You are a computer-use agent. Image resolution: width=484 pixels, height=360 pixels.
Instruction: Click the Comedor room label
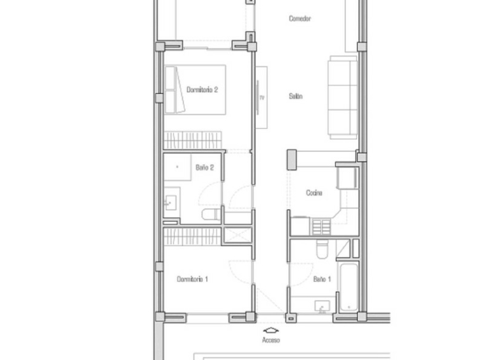click(x=299, y=19)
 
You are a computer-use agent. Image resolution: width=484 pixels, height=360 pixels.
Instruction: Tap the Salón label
click(x=296, y=96)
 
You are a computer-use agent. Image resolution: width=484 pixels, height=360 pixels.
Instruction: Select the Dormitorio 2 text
click(x=202, y=89)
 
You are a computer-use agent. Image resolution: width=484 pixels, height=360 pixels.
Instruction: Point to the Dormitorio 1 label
click(x=192, y=279)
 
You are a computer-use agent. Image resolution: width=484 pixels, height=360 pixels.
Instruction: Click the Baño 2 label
click(x=205, y=167)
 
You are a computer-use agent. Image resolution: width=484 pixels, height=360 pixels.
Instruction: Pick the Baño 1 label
click(x=322, y=279)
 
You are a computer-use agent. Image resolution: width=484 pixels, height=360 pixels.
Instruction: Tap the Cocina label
click(x=314, y=193)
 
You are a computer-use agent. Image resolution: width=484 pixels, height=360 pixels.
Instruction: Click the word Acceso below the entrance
click(x=271, y=340)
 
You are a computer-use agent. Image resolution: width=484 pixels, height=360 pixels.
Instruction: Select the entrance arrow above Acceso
click(x=271, y=331)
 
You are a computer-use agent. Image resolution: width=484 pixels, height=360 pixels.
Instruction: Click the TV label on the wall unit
click(x=262, y=98)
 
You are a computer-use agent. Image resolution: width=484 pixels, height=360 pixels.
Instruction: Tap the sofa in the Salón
click(x=343, y=97)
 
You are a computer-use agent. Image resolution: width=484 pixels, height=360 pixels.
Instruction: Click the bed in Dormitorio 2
click(x=195, y=89)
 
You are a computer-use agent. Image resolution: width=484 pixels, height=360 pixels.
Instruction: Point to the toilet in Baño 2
click(x=211, y=214)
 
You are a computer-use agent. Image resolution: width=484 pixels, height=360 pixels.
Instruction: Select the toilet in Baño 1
click(x=323, y=249)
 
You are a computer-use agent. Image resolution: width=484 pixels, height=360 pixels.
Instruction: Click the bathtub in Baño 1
click(x=349, y=287)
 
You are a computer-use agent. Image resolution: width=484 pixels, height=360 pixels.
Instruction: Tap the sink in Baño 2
click(x=170, y=203)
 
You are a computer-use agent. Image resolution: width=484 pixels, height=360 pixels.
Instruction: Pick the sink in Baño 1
click(x=322, y=306)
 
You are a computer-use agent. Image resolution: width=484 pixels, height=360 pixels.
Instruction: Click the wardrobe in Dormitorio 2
click(x=193, y=140)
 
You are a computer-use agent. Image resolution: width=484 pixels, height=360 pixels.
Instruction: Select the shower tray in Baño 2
click(x=178, y=167)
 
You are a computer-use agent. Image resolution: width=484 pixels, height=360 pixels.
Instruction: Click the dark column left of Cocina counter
click(x=292, y=160)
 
